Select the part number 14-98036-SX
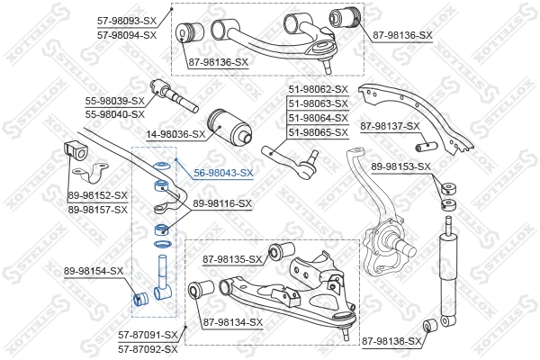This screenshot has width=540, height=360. point(176,134)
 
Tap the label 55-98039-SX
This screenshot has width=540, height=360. point(113,101)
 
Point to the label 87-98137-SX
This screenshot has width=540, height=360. point(390,126)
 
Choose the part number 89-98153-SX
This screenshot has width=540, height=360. point(401,166)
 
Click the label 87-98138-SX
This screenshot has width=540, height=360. point(391,341)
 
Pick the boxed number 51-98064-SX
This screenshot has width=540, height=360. point(318,118)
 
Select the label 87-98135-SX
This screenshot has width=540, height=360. point(232,259)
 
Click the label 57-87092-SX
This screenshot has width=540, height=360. point(148,348)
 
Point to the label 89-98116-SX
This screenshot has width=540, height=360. point(221,204)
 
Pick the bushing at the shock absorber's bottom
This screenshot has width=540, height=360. point(431,324)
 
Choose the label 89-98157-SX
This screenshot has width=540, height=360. point(98,209)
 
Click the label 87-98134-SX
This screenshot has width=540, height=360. point(233,321)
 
